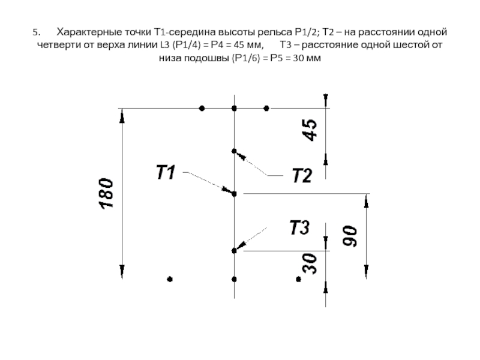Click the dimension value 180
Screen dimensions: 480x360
pos(106,194)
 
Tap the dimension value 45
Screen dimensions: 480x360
pos(310,130)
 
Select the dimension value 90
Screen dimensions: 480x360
pos(350,236)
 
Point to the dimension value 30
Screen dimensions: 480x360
pos(310,262)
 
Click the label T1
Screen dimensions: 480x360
pos(166,173)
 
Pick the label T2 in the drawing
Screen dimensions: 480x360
pos(301,176)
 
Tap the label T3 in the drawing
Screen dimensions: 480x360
pos(299,228)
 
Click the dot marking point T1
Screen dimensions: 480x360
pos(234,194)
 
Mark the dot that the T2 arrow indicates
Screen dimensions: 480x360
pos(234,151)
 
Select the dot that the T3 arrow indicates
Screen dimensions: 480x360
pos(234,250)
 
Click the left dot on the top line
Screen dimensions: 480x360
pos(202,109)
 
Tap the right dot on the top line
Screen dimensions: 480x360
pos(266,109)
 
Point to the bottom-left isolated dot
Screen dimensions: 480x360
pos(170,279)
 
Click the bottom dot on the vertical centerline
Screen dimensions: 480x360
pos(234,279)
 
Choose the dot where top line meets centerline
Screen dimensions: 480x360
pos(234,109)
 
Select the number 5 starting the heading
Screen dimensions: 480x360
pos(35,31)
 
